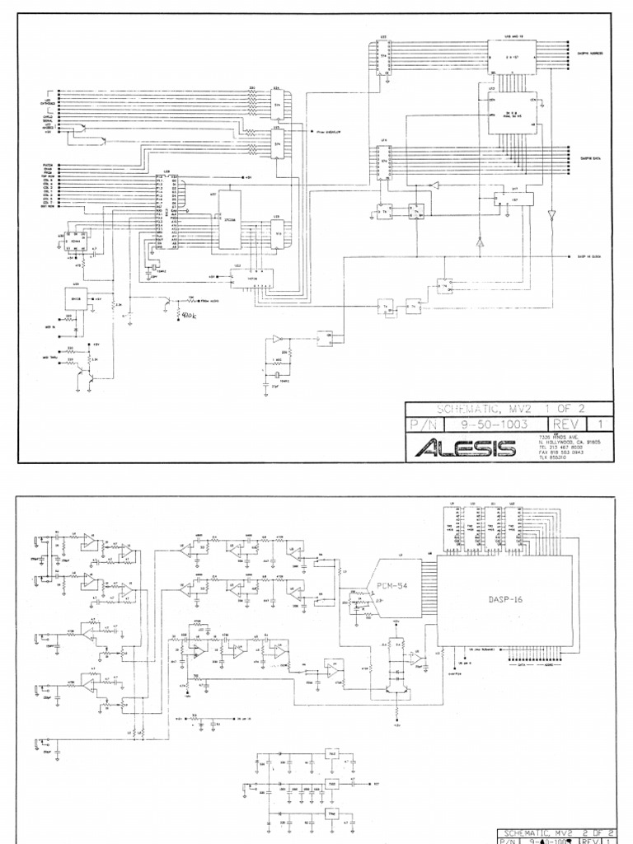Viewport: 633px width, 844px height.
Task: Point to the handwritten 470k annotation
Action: point(188,314)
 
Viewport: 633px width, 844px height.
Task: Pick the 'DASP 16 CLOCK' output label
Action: point(592,256)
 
